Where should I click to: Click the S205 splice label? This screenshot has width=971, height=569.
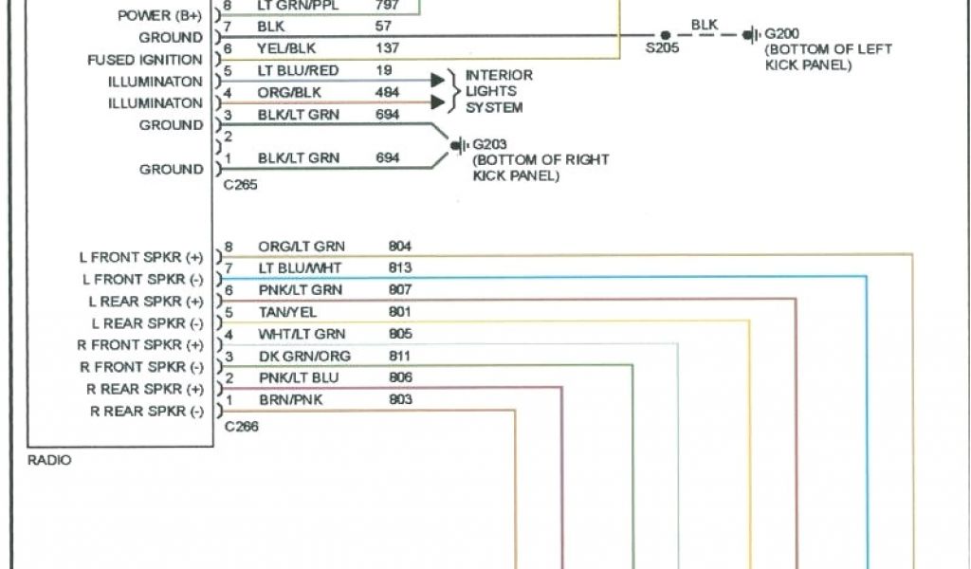point(662,48)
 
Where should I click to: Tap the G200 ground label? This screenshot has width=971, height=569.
point(782,34)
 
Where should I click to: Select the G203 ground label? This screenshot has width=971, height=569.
point(490,144)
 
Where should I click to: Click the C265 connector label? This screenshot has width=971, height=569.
point(240,185)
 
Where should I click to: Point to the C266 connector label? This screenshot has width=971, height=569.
point(241,427)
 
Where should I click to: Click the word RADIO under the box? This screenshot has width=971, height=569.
point(49,460)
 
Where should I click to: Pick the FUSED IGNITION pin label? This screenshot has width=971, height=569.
point(145,60)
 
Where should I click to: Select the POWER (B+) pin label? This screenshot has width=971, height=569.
point(160,15)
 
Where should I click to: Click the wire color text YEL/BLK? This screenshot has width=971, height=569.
point(288,48)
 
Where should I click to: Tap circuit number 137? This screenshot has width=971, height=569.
point(387,48)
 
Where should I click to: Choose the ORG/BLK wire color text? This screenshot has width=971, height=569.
point(289,93)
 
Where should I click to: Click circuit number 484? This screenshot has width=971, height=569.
point(387,93)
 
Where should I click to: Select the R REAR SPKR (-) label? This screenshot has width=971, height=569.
point(147,412)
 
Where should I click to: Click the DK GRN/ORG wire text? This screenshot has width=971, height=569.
point(303,357)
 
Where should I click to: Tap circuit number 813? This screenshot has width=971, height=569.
point(400,268)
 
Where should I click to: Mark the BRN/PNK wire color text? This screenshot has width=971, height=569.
point(290,400)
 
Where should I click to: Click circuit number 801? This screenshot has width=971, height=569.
point(400,312)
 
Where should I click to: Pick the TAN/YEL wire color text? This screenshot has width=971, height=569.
point(287,312)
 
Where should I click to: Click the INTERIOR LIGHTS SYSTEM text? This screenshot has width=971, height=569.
point(498,91)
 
